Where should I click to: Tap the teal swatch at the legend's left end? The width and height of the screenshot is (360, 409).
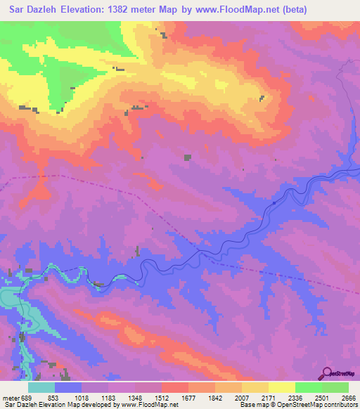(41, 387)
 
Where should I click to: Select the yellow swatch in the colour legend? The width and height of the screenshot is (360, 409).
(282, 387)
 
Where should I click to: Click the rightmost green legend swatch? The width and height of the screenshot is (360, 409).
(335, 387)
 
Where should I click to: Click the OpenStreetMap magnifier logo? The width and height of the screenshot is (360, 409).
(327, 373)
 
